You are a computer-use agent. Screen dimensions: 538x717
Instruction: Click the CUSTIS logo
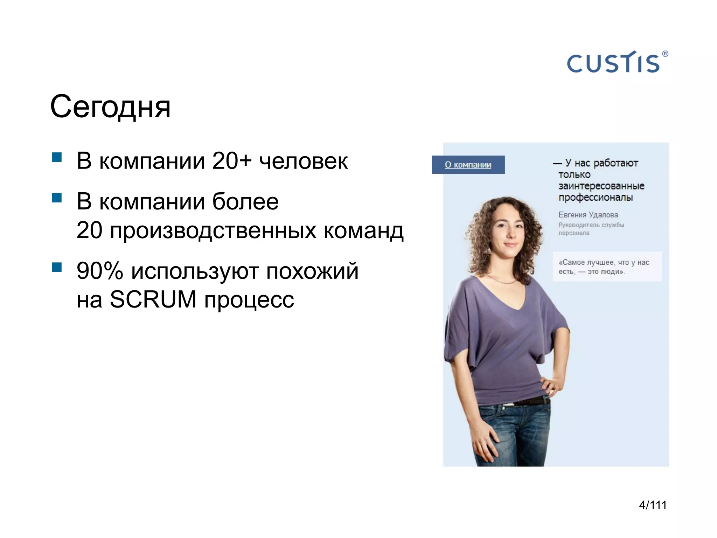pos(613,63)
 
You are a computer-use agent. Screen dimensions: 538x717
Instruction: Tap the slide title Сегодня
pos(110,107)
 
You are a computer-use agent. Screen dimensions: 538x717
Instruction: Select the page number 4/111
pos(653,505)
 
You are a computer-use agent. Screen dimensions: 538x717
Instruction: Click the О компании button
pos(468,165)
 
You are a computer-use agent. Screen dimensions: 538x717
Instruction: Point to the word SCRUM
pos(153,299)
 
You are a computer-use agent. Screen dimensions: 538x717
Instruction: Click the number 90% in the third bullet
pos(100,271)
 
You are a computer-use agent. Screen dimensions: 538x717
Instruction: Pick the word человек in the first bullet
pos(303,161)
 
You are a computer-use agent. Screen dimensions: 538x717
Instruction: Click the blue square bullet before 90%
pos(57,267)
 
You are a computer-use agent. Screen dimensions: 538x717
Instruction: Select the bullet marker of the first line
pos(57,157)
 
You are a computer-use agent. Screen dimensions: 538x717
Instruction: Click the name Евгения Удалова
pos(588,215)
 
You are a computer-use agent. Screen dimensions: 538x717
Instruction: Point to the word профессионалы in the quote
pos(596,198)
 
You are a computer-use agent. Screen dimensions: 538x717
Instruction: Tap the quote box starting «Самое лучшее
pos(607,267)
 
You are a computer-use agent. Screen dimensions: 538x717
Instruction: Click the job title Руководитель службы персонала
pos(591,229)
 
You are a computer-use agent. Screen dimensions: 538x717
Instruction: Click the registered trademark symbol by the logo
pos(665,54)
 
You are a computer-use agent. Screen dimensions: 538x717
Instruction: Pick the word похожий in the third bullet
pos(312,271)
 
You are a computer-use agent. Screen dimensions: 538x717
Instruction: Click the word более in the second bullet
pos(245,202)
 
